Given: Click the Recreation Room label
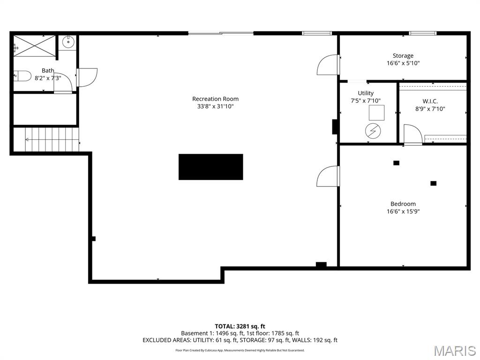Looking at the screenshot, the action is click(215, 99).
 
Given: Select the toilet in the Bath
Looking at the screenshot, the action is click(22, 75).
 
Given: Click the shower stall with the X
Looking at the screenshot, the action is click(35, 46).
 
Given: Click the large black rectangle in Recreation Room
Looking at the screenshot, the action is click(210, 167).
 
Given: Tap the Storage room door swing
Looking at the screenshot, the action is click(328, 65).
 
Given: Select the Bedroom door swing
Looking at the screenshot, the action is click(328, 176).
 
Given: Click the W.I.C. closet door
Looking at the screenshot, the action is click(413, 134).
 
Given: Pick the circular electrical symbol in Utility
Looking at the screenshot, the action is click(373, 131).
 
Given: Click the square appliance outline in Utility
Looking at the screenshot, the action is click(376, 112).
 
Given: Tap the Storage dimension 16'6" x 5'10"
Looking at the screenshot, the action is click(403, 63).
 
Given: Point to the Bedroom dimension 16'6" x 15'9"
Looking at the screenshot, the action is click(403, 211).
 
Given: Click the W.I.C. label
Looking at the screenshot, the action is click(430, 101).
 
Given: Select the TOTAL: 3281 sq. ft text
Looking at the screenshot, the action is click(240, 326).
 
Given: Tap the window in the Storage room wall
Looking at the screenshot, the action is click(422, 33).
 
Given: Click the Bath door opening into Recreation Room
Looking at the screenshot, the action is click(87, 77).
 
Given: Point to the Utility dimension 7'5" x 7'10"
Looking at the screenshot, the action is click(366, 101).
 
